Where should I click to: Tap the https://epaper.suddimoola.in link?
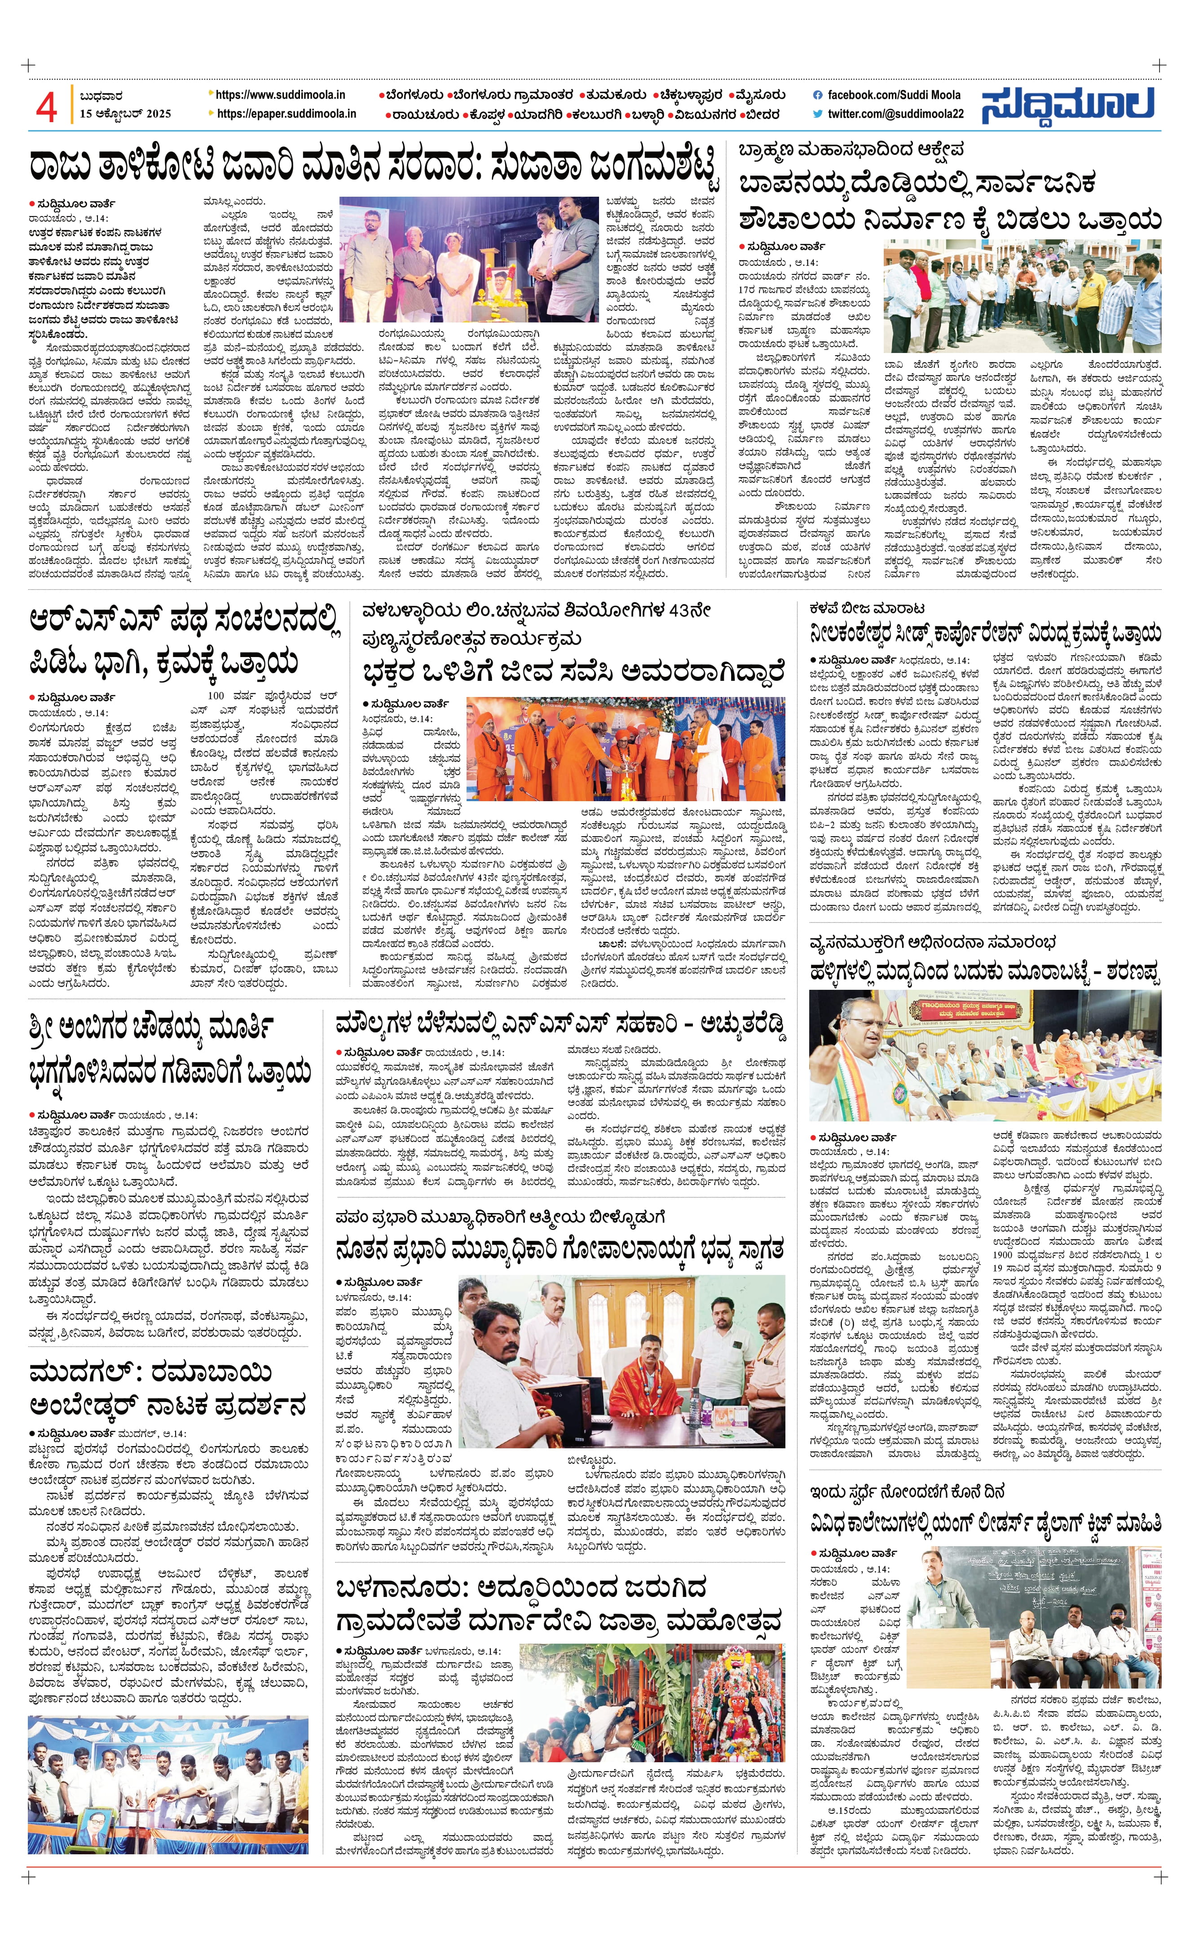click(x=286, y=114)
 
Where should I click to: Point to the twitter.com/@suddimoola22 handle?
click(x=895, y=114)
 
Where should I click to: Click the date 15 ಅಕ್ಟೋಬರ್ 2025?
click(x=125, y=114)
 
